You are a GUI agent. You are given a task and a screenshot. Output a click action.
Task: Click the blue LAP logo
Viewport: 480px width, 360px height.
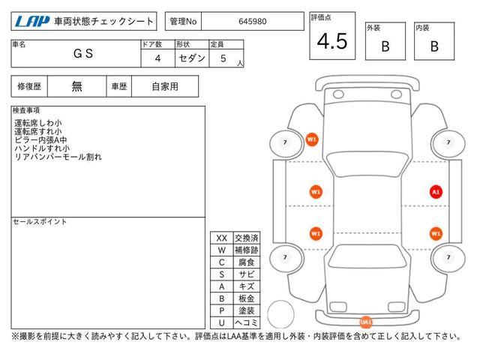point(32,22)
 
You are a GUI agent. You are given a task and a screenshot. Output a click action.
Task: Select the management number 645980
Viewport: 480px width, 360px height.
point(253,22)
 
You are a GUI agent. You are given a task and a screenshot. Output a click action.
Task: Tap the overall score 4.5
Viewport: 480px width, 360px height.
point(332,41)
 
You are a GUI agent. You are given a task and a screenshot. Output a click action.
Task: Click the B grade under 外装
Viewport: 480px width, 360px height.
point(385,46)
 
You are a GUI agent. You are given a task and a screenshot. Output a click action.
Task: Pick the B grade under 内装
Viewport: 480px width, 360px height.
point(434,46)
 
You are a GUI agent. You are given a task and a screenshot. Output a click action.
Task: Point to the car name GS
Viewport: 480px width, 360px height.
point(83,53)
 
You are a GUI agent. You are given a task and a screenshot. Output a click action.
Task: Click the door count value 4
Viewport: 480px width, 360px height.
point(157,58)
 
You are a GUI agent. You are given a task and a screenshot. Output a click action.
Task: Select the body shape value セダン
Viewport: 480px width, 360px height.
point(192,58)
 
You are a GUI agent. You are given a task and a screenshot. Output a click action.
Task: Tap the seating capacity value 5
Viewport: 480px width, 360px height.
point(223,58)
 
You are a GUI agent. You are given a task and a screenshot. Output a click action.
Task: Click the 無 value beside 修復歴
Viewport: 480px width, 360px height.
point(76,87)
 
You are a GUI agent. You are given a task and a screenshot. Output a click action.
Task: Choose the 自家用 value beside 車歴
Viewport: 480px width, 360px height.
point(165,87)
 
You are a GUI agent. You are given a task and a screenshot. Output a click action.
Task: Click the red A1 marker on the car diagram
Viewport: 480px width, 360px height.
point(436,192)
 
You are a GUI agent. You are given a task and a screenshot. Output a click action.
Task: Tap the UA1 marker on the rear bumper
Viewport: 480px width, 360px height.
point(365,322)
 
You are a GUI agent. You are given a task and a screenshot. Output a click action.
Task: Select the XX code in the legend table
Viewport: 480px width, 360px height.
point(222,238)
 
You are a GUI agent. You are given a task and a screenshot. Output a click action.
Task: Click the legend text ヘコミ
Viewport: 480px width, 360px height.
point(247,322)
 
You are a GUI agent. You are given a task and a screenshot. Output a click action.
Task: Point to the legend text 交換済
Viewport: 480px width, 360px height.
point(247,238)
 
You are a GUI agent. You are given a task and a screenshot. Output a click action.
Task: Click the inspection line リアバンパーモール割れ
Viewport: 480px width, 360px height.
point(58,157)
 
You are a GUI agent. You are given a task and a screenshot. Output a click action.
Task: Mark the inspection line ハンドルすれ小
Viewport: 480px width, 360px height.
point(42,148)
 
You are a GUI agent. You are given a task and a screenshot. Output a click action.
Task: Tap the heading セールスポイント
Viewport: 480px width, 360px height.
point(40,222)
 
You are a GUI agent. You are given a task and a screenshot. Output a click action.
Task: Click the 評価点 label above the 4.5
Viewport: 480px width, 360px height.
point(321,17)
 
